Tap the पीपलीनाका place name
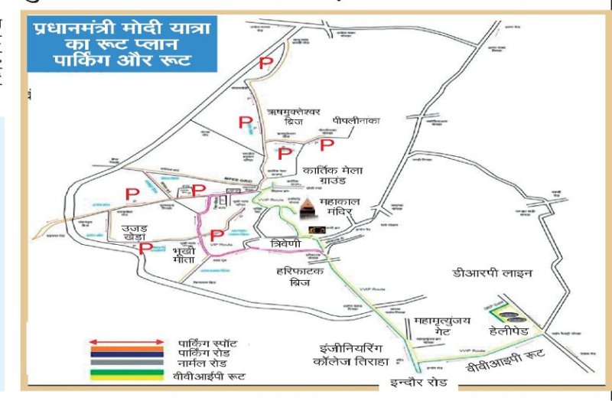356,121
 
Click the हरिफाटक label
300,271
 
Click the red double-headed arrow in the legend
126,342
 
